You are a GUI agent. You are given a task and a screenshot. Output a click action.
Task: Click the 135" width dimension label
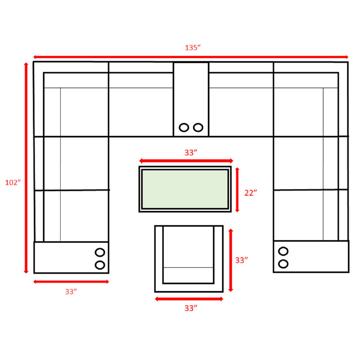point(193,48)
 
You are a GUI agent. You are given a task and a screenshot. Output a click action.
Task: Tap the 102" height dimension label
point(13,182)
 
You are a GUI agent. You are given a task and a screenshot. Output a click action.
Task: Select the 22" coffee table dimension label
point(251,193)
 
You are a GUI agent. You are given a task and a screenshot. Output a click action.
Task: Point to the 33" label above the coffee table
point(191,153)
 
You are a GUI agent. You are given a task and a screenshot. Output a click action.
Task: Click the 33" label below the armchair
point(191,308)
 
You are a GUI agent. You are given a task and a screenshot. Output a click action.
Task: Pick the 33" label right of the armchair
point(241,260)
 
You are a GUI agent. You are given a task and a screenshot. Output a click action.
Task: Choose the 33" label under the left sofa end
point(71,292)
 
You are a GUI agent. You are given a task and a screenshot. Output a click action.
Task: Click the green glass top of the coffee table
point(185,189)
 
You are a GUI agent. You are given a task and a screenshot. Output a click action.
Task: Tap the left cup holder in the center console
point(184,127)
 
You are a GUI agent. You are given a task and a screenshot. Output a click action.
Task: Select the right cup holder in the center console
point(198,127)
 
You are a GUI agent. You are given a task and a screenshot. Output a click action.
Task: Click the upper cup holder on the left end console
point(100,252)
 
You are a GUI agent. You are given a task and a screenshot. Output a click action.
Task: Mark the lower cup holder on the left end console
point(100,265)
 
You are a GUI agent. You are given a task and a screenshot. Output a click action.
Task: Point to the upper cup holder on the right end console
point(283,251)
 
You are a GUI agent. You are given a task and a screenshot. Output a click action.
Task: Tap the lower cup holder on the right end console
point(283,264)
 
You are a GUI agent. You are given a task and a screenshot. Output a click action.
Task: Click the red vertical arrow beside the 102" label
point(26,168)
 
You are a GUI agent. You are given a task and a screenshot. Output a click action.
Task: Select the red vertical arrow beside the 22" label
point(237,189)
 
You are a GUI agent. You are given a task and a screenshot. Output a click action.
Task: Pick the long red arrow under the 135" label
point(191,57)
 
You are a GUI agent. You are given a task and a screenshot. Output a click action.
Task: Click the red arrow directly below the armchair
point(189,299)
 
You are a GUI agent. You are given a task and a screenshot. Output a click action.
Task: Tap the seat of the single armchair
point(188,247)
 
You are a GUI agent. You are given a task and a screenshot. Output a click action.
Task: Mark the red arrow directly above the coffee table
point(186,161)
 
